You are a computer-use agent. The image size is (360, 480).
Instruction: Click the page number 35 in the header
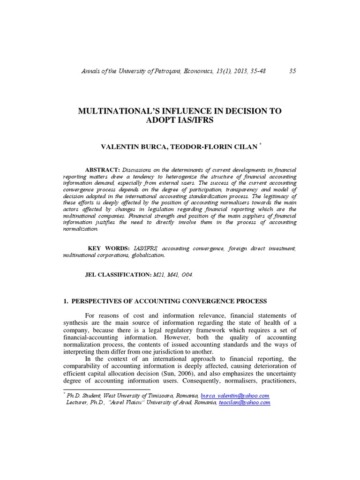point(292,71)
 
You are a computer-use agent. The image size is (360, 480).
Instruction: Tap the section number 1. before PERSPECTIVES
point(66,301)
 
